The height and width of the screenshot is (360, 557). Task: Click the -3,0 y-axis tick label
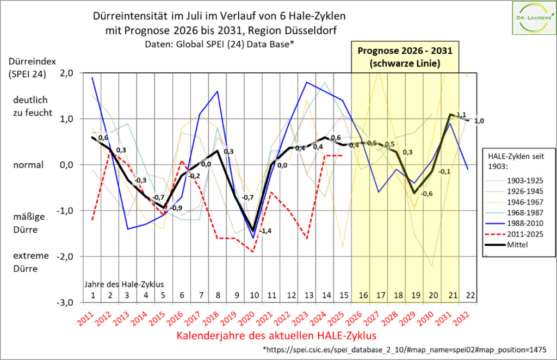[65, 302]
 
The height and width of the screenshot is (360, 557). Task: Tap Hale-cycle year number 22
[468, 295]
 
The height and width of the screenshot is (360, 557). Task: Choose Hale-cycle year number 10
[253, 295]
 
